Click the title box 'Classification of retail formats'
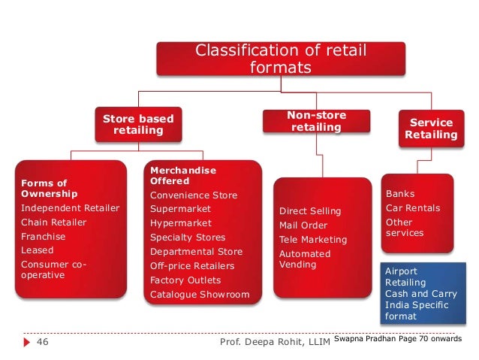pos(279,59)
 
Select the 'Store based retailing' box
pos(137,125)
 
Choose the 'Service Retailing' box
pos(430,129)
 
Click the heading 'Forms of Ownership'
pos(44,189)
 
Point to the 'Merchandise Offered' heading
pos(182,176)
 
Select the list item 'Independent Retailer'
pos(70,208)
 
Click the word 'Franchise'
pos(44,236)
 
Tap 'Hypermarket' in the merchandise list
pos(181,223)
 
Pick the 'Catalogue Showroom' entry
pos(199,294)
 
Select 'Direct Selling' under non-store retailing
pos(309,211)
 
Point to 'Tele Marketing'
pos(313,240)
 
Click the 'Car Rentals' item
pos(412,208)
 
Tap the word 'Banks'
pos(399,194)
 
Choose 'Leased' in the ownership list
pos(37,250)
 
